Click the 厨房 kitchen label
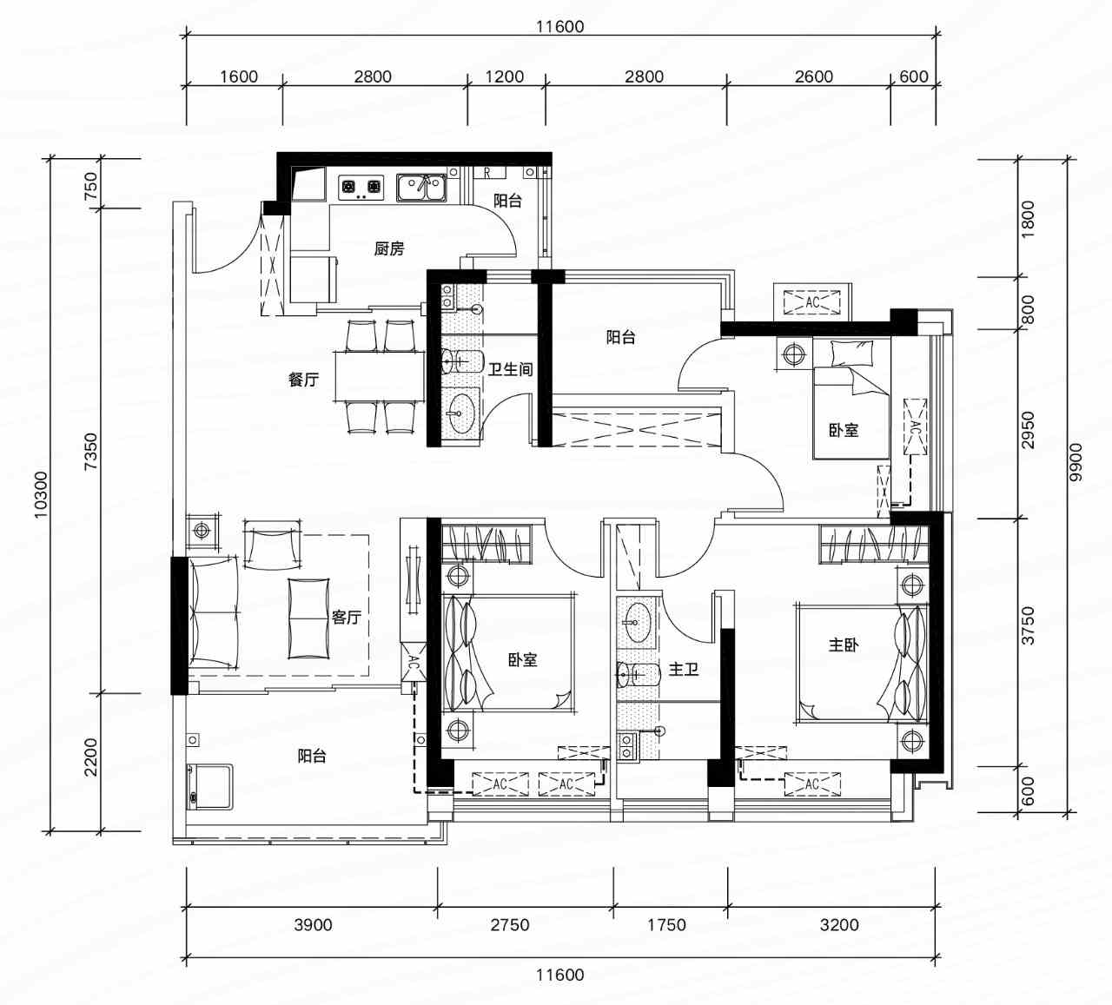point(388,249)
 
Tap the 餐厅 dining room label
point(303,380)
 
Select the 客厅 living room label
point(347,617)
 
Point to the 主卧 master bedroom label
point(844,645)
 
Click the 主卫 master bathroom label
point(683,669)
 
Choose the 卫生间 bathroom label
point(510,368)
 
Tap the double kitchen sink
point(422,188)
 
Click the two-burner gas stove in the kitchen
point(361,187)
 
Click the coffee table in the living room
point(308,618)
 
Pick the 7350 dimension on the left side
point(91,451)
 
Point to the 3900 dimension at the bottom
point(314,924)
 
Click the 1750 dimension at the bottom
point(667,924)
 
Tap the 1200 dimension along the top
point(505,76)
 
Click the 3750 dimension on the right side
point(1028,625)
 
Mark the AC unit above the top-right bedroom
point(812,302)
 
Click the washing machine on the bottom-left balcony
point(209,787)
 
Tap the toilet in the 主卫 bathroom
point(639,673)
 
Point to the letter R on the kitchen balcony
point(486,172)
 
